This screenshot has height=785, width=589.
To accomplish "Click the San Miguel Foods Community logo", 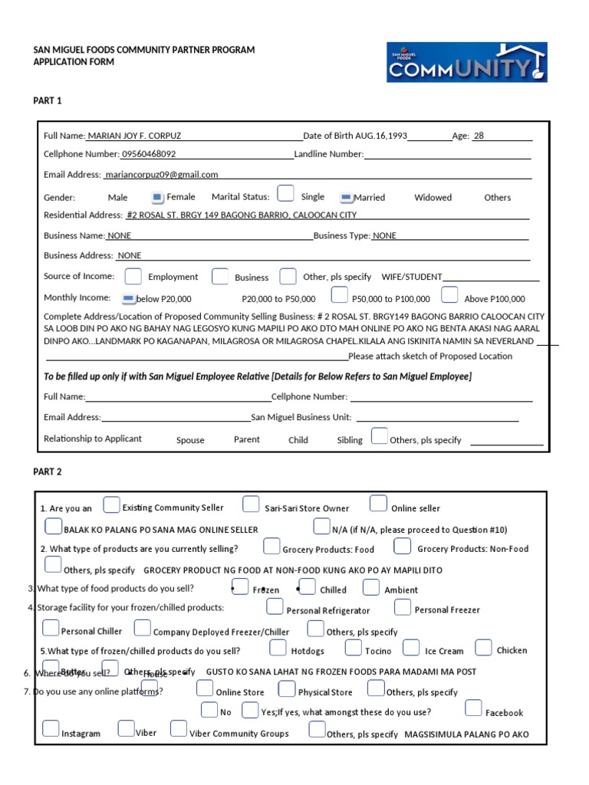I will pyautogui.click(x=466, y=62).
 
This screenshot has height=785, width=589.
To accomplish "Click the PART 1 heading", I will pyautogui.click(x=48, y=100).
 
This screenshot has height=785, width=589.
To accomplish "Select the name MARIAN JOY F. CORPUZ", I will pyautogui.click(x=134, y=136).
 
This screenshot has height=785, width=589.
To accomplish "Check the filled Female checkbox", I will pyautogui.click(x=157, y=197).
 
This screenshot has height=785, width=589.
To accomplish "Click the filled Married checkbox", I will pyautogui.click(x=345, y=197).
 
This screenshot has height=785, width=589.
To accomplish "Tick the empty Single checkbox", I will pyautogui.click(x=285, y=193).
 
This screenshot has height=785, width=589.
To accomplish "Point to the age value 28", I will pyautogui.click(x=479, y=136).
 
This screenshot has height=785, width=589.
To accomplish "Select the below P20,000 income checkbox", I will pyautogui.click(x=128, y=298).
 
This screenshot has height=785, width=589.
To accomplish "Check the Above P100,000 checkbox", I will pyautogui.click(x=450, y=295).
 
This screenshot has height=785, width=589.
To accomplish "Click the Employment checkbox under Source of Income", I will pyautogui.click(x=133, y=276).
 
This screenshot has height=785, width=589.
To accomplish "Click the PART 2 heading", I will pyautogui.click(x=48, y=471).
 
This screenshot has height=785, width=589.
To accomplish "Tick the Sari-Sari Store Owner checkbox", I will pyautogui.click(x=251, y=504).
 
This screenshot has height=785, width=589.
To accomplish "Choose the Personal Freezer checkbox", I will pyautogui.click(x=403, y=607).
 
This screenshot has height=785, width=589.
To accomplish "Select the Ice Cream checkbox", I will pyautogui.click(x=411, y=648).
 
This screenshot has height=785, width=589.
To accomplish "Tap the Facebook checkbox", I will pyautogui.click(x=473, y=708).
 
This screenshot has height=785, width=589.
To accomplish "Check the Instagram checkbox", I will pyautogui.click(x=51, y=728).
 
